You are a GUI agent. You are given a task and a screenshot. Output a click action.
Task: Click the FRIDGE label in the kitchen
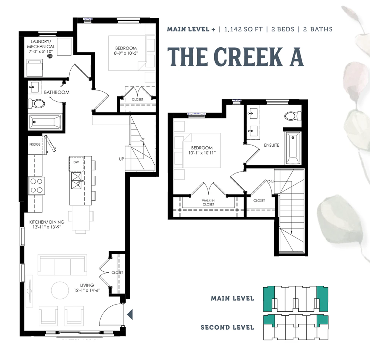click(x=35, y=144)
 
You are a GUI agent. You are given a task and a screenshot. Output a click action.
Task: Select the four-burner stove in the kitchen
click(x=36, y=186)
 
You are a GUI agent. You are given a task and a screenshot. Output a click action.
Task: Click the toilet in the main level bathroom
click(x=37, y=103)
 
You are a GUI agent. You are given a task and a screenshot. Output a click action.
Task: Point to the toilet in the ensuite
click(x=293, y=116)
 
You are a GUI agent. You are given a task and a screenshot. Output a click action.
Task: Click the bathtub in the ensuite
click(x=293, y=148)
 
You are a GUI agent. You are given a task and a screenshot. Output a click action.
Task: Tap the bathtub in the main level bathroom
click(x=44, y=122)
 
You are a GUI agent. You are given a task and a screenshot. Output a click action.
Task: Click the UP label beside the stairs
click(x=121, y=159)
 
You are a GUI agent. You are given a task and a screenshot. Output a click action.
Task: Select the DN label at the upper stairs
click(x=270, y=181)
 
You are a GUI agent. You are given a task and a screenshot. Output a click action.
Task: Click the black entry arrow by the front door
click(x=130, y=315)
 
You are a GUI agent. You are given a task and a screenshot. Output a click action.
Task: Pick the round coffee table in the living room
click(x=60, y=290)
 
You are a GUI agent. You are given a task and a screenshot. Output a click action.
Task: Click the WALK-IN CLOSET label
click(x=208, y=203)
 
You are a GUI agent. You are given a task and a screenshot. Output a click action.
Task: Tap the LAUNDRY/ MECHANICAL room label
click(x=41, y=44)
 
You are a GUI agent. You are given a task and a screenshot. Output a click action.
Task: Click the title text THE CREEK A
click(x=235, y=57)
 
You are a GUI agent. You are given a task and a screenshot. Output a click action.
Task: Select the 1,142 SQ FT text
click(x=243, y=29)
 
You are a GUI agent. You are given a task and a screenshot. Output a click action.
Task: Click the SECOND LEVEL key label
click(x=227, y=327)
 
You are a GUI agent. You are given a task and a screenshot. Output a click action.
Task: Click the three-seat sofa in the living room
click(x=62, y=265)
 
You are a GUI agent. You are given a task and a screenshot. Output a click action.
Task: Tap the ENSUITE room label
click(x=272, y=145)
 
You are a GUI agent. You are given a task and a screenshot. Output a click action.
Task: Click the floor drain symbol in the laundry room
click(x=50, y=56)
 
